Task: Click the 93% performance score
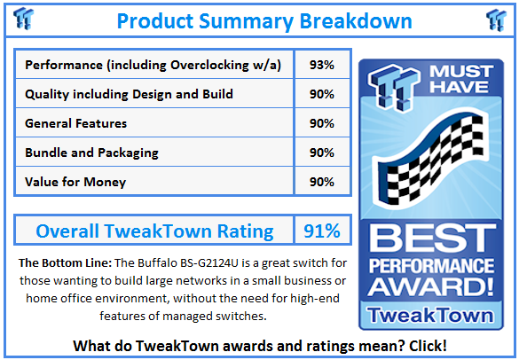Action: (x=322, y=65)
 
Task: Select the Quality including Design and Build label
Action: (x=130, y=94)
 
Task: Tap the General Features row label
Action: (x=75, y=123)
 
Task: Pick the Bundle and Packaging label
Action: (x=91, y=153)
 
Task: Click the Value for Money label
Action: (x=75, y=182)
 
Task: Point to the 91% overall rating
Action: (x=322, y=231)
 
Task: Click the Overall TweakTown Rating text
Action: (x=154, y=231)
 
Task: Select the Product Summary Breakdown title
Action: (x=264, y=21)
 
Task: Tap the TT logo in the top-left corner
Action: (x=23, y=19)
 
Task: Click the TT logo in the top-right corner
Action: (x=496, y=20)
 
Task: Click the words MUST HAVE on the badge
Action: (x=461, y=79)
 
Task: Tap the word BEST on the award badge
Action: (x=432, y=238)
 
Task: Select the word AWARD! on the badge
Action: (x=431, y=286)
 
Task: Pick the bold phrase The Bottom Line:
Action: (x=65, y=263)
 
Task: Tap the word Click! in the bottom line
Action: (x=428, y=346)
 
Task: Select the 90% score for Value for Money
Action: (x=322, y=182)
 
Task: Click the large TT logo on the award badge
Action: (x=394, y=88)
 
